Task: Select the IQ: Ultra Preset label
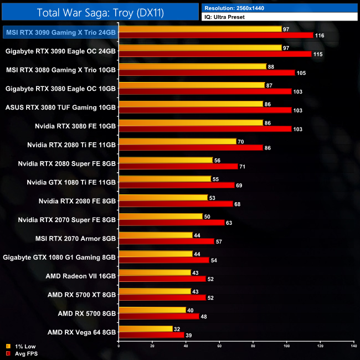point(224,17)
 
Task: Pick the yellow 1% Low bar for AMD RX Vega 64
point(146,328)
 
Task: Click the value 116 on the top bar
point(319,35)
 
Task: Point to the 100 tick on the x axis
point(286,346)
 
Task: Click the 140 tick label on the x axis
point(353,346)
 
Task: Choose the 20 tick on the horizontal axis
point(152,346)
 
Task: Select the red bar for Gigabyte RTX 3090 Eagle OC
point(215,54)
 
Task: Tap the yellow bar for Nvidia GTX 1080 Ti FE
point(165,179)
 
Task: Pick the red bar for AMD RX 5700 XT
point(162,297)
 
